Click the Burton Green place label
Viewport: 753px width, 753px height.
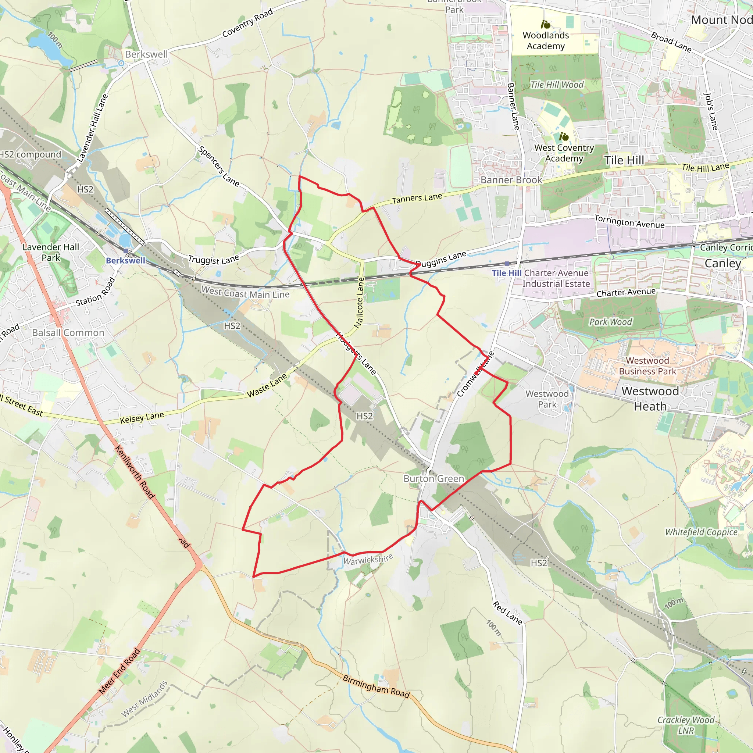[433, 479]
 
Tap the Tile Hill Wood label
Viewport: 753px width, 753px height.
[557, 85]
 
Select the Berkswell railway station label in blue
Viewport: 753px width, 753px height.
[125, 260]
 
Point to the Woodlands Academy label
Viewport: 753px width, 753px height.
[546, 40]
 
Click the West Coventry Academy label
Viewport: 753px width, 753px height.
[564, 153]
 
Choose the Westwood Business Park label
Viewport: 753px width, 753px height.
[647, 366]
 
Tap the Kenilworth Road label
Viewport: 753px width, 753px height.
[135, 472]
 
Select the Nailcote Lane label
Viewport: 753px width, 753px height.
[359, 303]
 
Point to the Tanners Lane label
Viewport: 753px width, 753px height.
[417, 199]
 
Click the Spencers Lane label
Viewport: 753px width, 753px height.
[218, 166]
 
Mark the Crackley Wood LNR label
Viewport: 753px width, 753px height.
[686, 725]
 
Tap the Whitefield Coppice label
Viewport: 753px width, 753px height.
[701, 532]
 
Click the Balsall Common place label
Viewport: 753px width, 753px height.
[68, 332]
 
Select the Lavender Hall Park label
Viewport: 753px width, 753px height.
[51, 252]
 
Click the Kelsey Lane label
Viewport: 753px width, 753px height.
[142, 418]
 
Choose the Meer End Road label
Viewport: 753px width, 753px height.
[119, 671]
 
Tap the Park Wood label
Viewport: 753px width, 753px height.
[610, 322]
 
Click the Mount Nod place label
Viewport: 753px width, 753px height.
[721, 20]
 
